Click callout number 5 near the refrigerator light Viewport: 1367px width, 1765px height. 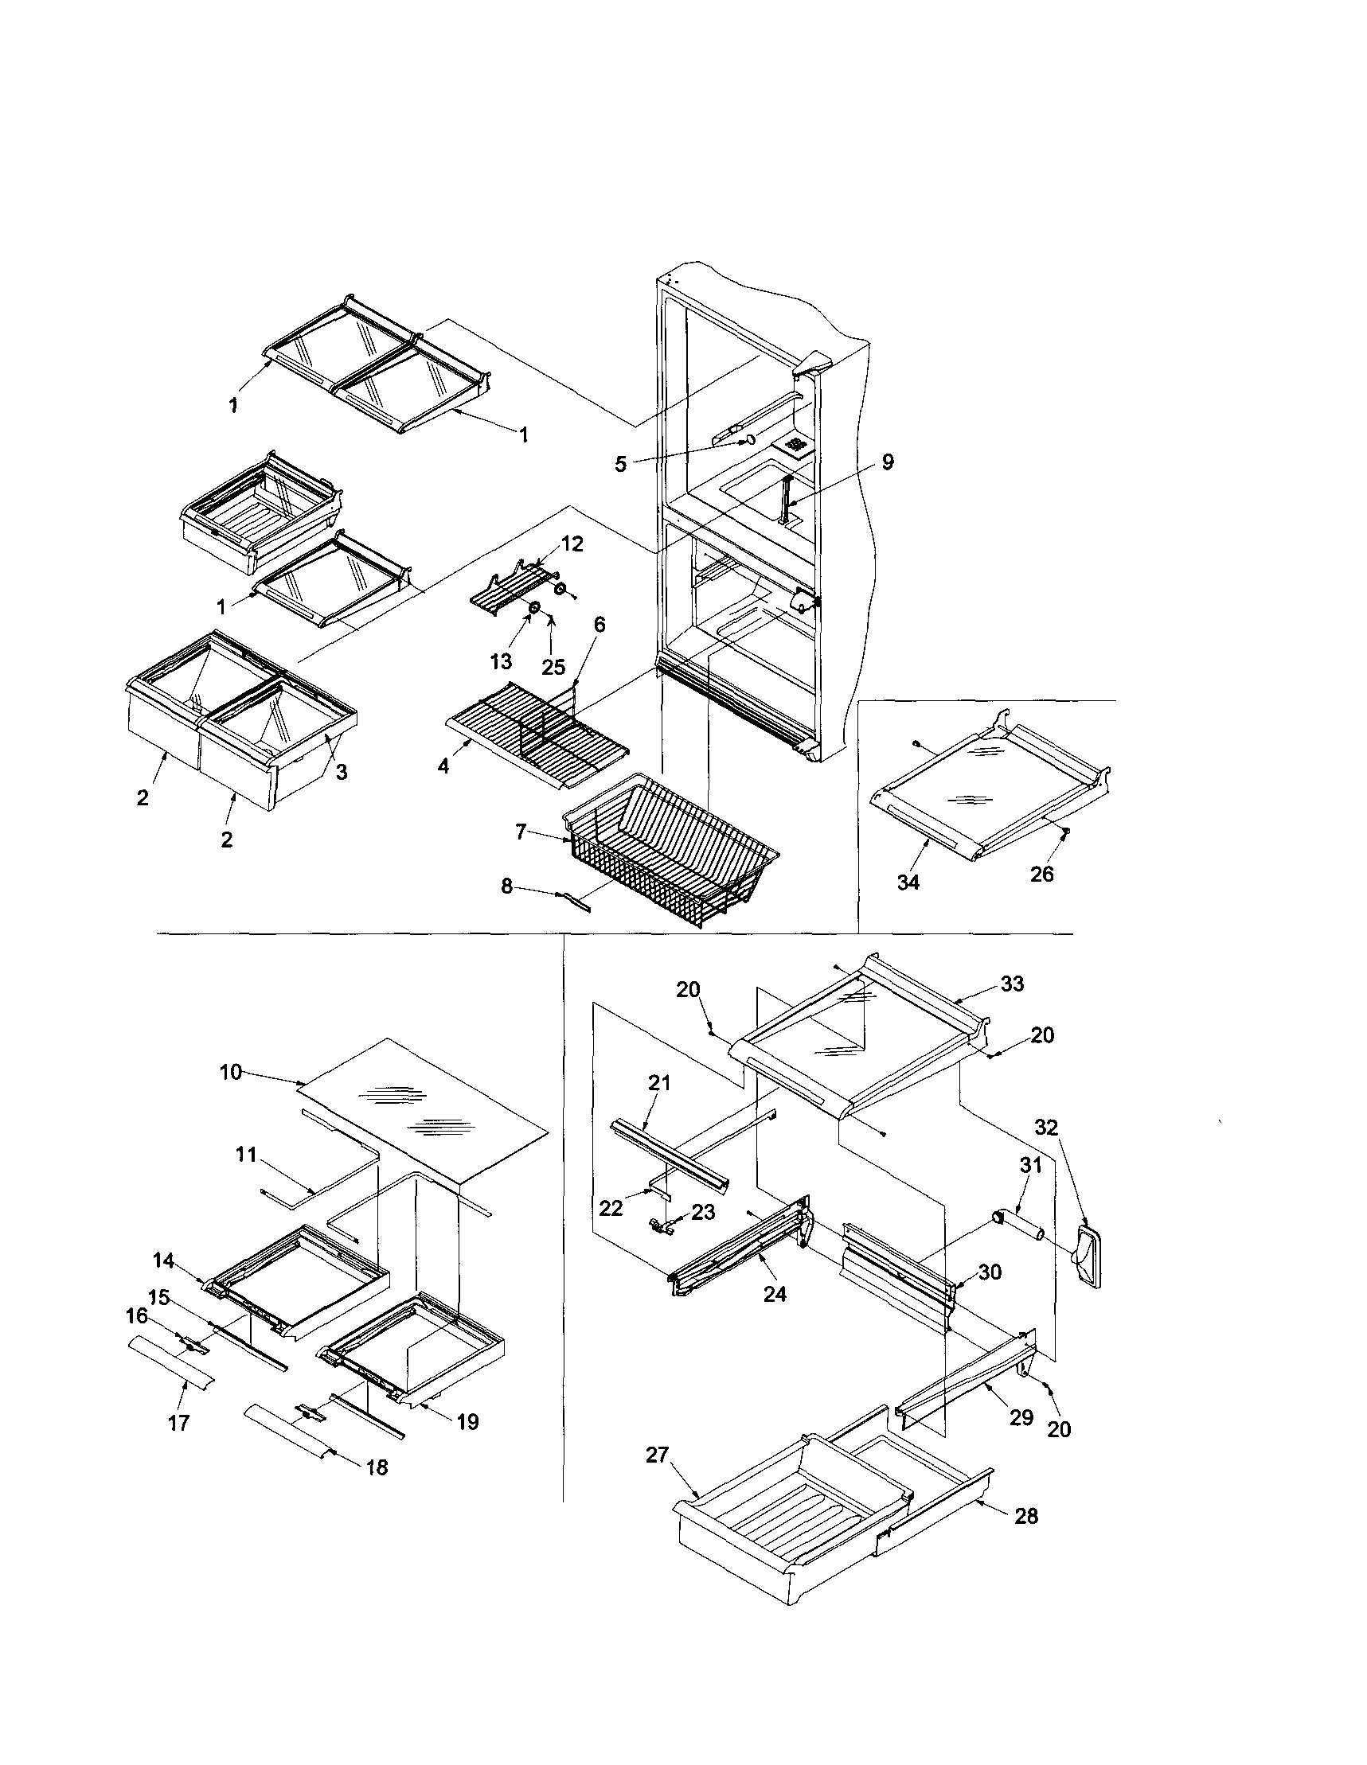(620, 466)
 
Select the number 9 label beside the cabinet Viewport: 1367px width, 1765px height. (888, 462)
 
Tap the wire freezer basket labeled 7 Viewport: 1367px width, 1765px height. (671, 848)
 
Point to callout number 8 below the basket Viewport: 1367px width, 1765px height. (507, 886)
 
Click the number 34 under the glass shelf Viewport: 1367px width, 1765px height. (908, 882)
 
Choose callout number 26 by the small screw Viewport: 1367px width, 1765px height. (1042, 874)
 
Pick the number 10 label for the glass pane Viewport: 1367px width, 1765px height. (230, 1073)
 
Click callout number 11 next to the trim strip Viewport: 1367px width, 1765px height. (246, 1155)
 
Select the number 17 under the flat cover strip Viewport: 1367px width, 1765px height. (178, 1423)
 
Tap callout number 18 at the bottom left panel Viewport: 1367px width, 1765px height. (377, 1467)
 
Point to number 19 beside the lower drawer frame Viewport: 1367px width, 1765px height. (467, 1421)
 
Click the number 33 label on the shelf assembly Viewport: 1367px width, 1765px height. (1012, 984)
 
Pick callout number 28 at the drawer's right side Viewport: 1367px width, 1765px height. (1026, 1517)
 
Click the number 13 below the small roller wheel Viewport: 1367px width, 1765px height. (501, 661)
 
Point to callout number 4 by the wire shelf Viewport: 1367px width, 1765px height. (443, 766)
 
